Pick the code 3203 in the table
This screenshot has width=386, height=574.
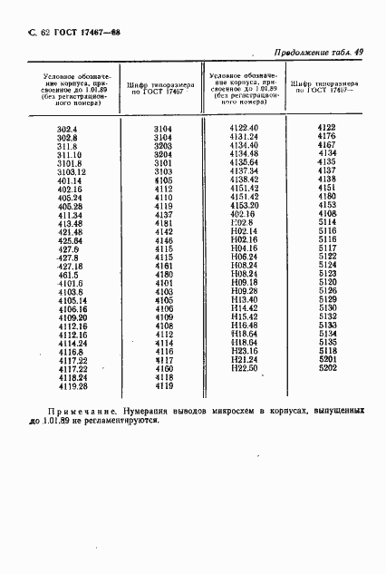tap(163, 146)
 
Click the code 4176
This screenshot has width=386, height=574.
tap(327, 137)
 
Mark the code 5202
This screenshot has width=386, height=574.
tap(327, 367)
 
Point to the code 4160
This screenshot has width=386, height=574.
tap(163, 368)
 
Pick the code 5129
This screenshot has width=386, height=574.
tap(327, 299)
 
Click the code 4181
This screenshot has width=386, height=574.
tap(163, 222)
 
